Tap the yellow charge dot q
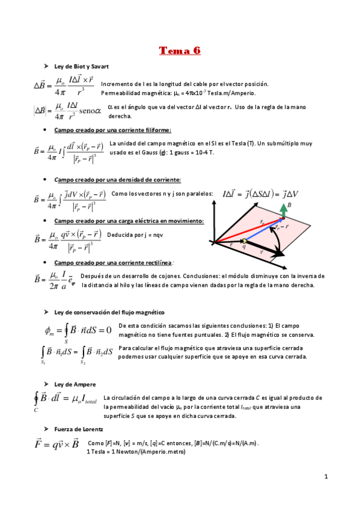(x=245, y=241)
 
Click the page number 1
(x=325, y=477)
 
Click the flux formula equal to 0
(x=77, y=330)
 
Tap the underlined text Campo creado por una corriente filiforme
(x=112, y=130)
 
